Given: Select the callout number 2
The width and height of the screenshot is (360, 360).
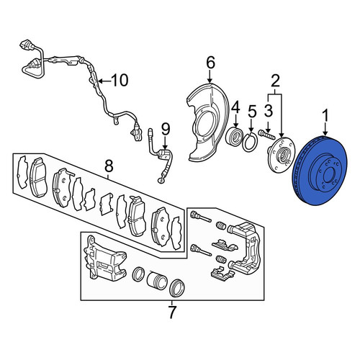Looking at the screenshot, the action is click(x=276, y=81).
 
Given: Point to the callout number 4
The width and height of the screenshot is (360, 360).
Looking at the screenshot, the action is click(x=235, y=107).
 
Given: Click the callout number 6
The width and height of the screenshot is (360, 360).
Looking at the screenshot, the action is click(x=210, y=63).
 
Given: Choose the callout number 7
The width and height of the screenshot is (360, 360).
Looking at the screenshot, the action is click(x=172, y=312).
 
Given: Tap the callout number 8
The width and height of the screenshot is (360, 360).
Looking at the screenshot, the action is click(x=109, y=166).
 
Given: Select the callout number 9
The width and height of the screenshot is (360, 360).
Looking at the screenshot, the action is click(x=166, y=130).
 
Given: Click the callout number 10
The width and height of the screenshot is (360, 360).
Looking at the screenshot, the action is click(x=120, y=81).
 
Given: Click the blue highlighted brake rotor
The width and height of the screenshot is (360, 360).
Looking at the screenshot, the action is click(x=319, y=171).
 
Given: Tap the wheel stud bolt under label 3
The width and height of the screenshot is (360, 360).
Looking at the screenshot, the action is click(x=266, y=135).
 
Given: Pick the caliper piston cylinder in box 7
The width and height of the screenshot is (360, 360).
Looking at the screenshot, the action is click(x=156, y=280).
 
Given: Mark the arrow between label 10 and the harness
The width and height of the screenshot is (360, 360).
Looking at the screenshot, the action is click(x=104, y=81).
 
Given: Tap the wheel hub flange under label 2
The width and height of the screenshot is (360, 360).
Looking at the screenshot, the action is click(x=282, y=155).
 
